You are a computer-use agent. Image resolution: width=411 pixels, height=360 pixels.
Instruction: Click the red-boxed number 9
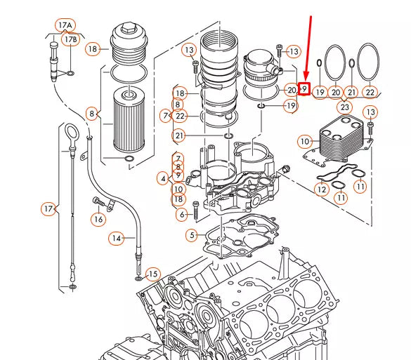[304, 89]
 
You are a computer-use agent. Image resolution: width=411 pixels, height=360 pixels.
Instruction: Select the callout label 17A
[65, 25]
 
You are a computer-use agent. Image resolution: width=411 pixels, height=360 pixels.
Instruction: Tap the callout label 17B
[70, 40]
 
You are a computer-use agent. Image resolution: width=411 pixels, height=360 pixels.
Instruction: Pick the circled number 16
[98, 220]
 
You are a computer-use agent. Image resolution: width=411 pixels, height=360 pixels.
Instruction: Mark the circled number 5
[192, 235]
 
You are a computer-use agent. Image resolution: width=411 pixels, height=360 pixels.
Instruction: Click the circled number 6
[183, 214]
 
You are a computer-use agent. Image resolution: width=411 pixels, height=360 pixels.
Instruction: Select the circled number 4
[163, 178]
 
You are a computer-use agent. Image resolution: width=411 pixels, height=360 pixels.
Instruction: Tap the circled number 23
[344, 107]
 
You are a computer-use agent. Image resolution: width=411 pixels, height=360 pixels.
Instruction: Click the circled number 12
[322, 189]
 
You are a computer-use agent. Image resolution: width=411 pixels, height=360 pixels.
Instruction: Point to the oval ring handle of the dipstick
[72, 133]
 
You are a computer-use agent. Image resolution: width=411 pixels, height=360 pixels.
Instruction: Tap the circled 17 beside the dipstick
[48, 209]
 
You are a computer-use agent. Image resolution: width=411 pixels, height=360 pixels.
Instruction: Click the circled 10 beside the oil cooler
[304, 142]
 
